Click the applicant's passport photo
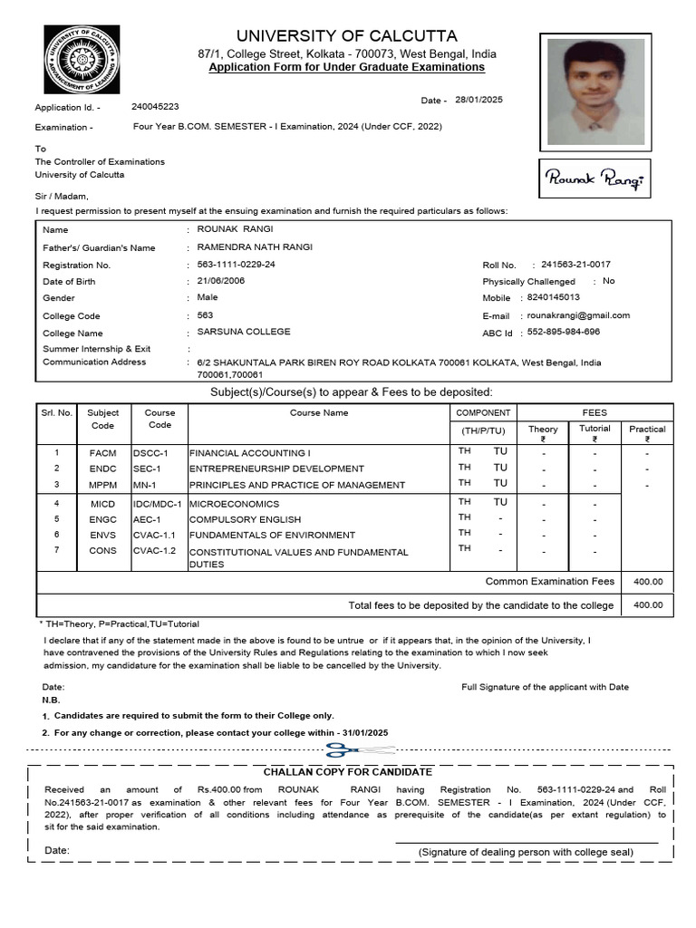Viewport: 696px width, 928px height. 595,92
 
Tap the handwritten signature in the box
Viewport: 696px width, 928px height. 594,179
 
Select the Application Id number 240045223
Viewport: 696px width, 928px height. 155,107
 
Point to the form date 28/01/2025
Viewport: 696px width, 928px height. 478,100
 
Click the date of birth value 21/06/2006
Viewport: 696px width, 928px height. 221,281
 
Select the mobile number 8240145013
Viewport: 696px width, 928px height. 555,297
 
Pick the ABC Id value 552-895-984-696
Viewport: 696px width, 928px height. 564,332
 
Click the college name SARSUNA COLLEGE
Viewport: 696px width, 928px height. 244,332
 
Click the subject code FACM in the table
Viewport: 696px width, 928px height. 103,452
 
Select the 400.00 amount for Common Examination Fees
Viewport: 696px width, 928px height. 647,582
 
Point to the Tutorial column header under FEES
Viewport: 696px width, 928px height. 594,429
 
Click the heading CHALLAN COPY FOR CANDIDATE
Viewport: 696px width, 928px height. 348,772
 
